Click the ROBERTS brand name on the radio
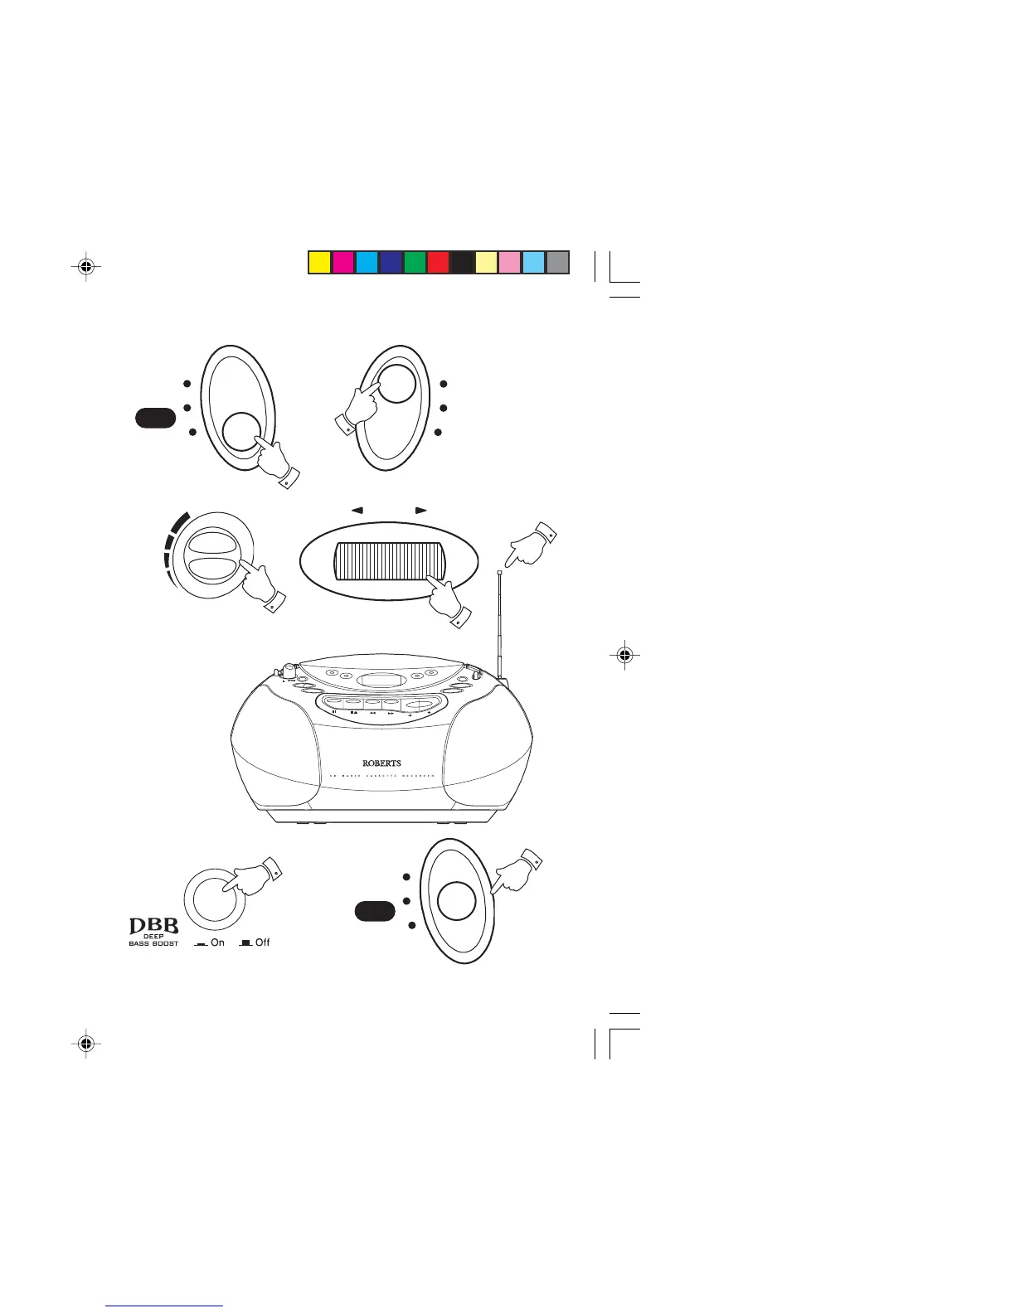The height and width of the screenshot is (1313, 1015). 381,763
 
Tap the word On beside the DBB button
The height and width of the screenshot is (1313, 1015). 217,942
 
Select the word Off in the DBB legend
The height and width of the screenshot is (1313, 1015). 262,942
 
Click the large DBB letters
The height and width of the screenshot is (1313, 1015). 153,925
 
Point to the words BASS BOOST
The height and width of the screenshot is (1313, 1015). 153,943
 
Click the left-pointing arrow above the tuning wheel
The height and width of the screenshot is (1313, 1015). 357,511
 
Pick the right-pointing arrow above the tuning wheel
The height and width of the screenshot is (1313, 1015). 420,511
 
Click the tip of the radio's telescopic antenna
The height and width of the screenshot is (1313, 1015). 500,573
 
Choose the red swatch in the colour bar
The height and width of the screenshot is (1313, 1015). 438,262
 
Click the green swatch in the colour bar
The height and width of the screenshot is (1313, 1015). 415,262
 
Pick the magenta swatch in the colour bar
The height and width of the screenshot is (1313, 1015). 342,262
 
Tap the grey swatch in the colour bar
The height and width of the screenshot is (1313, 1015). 558,262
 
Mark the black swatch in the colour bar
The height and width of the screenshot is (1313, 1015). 462,262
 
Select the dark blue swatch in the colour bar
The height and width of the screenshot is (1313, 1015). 391,262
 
